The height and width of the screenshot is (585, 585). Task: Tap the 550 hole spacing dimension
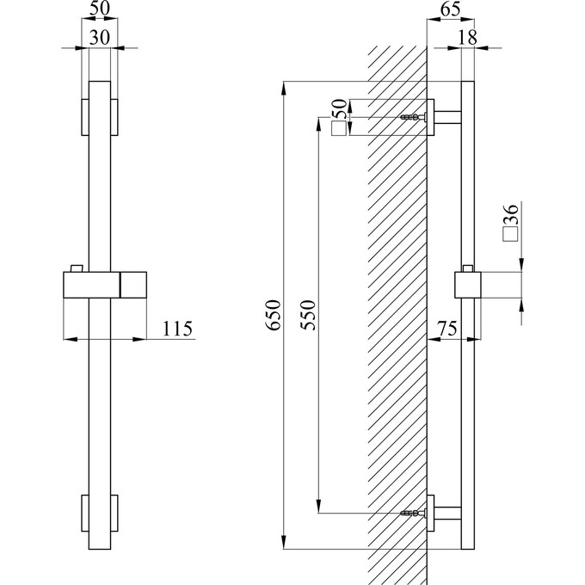click(308, 315)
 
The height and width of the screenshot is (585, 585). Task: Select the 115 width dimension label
click(177, 329)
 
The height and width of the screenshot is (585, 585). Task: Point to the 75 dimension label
click(447, 329)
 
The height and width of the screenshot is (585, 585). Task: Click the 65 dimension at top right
click(450, 9)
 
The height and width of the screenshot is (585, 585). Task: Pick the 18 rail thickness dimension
click(467, 37)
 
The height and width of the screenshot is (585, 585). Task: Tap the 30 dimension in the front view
click(100, 38)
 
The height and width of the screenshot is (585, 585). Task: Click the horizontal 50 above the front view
click(100, 9)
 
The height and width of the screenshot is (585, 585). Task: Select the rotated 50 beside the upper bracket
click(339, 109)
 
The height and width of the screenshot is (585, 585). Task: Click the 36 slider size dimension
click(511, 214)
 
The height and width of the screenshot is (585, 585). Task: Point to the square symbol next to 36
click(511, 234)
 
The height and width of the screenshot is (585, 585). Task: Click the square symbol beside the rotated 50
click(339, 129)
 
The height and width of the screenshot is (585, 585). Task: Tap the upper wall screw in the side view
click(414, 117)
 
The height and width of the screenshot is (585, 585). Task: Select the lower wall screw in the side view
click(414, 514)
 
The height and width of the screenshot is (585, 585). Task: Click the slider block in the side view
click(468, 285)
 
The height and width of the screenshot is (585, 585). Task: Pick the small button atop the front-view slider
click(77, 268)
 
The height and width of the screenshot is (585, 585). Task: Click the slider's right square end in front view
click(133, 285)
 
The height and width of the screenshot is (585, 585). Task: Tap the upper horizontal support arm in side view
click(448, 117)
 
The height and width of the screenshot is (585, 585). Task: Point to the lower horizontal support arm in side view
click(448, 514)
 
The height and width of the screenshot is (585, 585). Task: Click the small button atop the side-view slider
click(468, 268)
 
